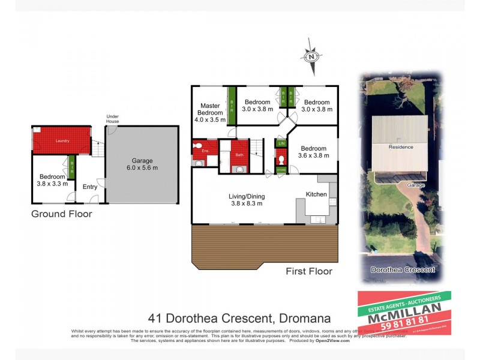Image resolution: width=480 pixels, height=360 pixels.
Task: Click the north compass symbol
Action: (311, 56)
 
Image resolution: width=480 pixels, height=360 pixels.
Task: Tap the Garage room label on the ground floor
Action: (142, 160)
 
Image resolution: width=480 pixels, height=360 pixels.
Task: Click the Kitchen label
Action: (316, 194)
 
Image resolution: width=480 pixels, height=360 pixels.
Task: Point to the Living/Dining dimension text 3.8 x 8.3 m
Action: (247, 204)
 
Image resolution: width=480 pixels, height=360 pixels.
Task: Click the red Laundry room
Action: (61, 140)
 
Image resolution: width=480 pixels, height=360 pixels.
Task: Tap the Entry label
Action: (90, 187)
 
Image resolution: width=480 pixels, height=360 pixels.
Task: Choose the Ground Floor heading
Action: (62, 214)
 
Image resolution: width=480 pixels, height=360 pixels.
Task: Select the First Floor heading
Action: (309, 271)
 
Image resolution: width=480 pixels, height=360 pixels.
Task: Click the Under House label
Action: (113, 119)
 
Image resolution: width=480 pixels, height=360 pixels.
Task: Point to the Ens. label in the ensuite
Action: (204, 151)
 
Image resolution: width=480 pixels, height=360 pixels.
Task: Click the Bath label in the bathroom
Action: (239, 155)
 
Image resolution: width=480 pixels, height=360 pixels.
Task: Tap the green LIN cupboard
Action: (281, 143)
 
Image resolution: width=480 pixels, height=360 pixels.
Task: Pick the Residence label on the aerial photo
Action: (400, 147)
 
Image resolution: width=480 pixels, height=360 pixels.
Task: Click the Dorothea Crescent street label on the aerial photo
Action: (403, 270)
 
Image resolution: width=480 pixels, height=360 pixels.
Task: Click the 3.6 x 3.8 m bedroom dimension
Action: (313, 156)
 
